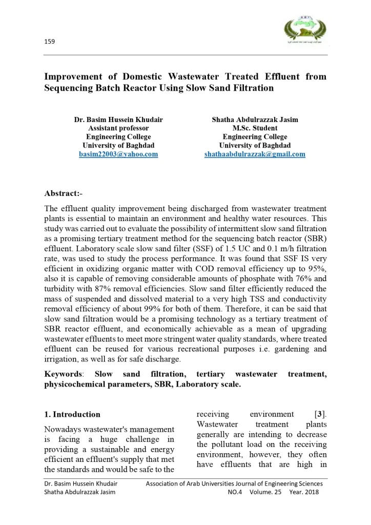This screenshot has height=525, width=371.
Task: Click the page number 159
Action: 49,41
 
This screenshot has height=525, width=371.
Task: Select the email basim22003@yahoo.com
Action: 118,154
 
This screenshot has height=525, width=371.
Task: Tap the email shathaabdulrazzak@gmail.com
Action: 255,154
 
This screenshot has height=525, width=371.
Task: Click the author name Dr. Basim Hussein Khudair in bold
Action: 118,119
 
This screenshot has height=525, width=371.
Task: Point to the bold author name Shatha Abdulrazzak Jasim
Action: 255,119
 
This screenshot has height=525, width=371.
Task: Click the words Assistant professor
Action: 118,128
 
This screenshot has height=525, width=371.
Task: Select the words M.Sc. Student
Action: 255,128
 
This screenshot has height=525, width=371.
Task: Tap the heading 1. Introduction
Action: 72,414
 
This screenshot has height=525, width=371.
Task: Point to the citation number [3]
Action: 320,414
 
